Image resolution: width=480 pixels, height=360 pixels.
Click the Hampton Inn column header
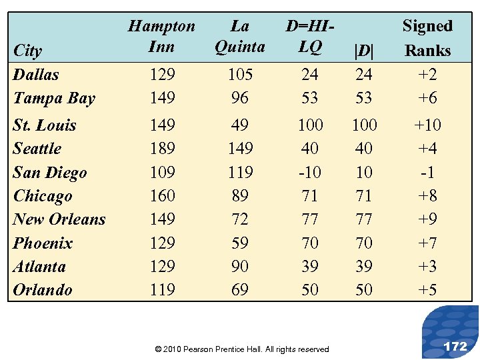pyautogui.click(x=161, y=36)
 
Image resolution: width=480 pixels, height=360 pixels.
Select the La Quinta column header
pyautogui.click(x=239, y=36)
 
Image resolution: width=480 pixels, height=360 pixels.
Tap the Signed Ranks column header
pyautogui.click(x=427, y=38)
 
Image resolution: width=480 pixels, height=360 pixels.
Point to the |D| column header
pyautogui.click(x=364, y=51)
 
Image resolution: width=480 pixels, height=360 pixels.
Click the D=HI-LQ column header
pyautogui.click(x=309, y=36)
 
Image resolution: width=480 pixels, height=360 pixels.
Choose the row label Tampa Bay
pyautogui.click(x=54, y=98)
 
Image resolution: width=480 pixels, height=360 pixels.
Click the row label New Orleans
pyautogui.click(x=59, y=219)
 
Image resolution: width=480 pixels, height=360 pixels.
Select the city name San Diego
pyautogui.click(x=50, y=172)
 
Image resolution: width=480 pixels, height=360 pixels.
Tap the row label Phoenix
pyautogui.click(x=43, y=243)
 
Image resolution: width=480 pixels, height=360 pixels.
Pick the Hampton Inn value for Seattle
pyautogui.click(x=162, y=148)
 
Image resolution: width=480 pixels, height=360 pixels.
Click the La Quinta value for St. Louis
pyautogui.click(x=240, y=125)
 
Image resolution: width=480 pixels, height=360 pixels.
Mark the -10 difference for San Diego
pyautogui.click(x=310, y=172)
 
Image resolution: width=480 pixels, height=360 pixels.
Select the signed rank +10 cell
pyautogui.click(x=427, y=125)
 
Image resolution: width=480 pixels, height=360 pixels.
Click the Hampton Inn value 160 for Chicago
pyautogui.click(x=162, y=195)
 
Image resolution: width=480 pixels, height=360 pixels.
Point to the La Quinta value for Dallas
pyautogui.click(x=240, y=75)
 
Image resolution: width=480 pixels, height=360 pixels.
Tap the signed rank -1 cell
pyautogui.click(x=427, y=172)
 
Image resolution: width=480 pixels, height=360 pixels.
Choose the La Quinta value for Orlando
pyautogui.click(x=240, y=289)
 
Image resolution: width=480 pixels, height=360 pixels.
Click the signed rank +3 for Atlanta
pyautogui.click(x=427, y=266)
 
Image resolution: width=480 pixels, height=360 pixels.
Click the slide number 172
pyautogui.click(x=455, y=346)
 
